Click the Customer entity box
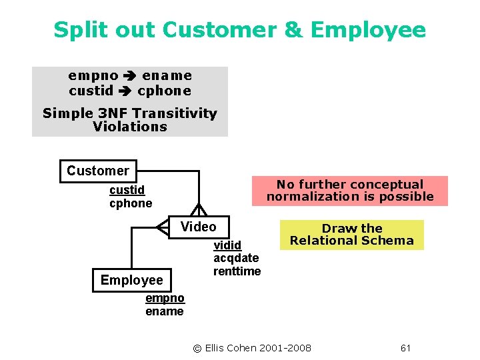[x=97, y=171]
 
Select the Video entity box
[x=198, y=227]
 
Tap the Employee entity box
[x=131, y=280]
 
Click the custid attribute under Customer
[x=127, y=191]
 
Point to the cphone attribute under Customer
[x=131, y=203]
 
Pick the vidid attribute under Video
[x=227, y=245]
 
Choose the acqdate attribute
[x=236, y=258]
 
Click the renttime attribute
[x=237, y=271]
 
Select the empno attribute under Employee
[x=165, y=299]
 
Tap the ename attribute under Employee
[x=164, y=311]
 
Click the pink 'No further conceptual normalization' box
[x=349, y=191]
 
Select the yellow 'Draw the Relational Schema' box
[x=351, y=235]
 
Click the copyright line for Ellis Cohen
[x=251, y=348]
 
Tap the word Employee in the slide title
[x=368, y=30]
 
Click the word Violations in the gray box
[x=130, y=127]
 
